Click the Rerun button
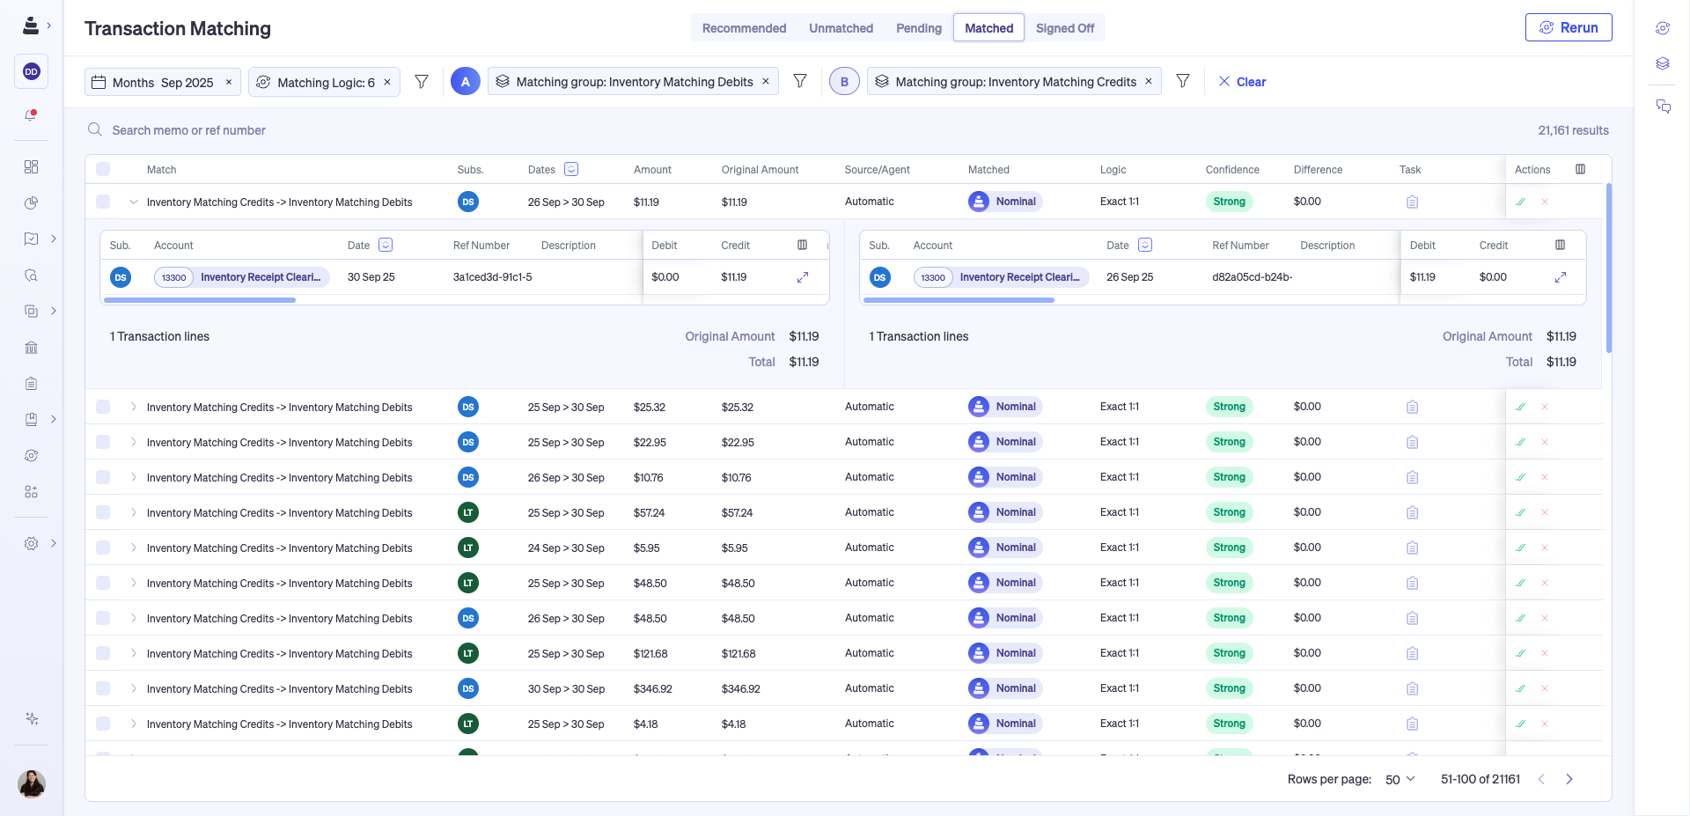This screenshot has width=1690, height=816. pos(1568,27)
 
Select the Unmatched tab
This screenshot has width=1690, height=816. pos(841,28)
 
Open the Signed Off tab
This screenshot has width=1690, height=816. pos(1064,28)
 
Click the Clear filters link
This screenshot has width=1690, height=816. pos(1242,82)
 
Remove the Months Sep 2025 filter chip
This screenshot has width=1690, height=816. pos(229,82)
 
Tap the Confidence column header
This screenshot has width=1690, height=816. pos(1231,170)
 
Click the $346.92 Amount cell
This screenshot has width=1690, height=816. pos(652,689)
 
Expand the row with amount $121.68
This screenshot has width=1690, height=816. pos(134,653)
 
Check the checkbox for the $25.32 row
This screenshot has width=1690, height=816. pos(103,407)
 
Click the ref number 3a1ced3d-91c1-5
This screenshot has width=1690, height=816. pos(492,277)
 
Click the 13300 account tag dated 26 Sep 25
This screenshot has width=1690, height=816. pos(932,277)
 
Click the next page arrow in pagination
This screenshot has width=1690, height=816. pos(1569,779)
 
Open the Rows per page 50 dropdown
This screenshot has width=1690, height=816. pos(1400,779)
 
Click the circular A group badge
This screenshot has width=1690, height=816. pos(466,82)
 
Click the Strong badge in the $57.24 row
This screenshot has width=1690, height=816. pos(1229,512)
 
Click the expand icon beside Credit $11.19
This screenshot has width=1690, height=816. pos(803,277)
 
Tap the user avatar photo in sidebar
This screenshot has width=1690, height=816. pos(32,783)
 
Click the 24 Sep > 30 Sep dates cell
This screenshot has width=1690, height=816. pos(566,548)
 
